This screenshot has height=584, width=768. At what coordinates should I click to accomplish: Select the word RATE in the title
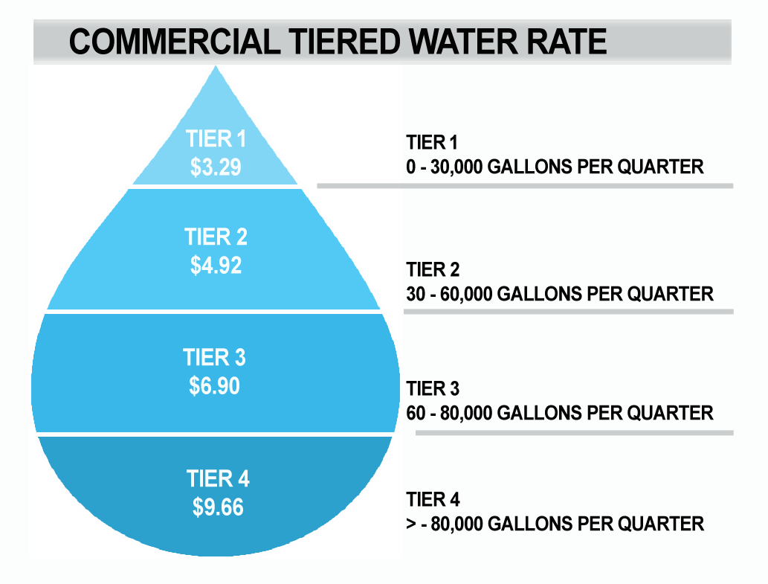coord(567,42)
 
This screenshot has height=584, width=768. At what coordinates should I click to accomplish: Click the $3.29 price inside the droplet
coord(216,167)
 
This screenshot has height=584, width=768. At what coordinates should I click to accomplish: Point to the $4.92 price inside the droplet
coord(216,266)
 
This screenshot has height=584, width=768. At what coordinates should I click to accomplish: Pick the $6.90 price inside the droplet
coord(214,386)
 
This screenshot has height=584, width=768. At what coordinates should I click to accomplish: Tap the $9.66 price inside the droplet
coord(218,507)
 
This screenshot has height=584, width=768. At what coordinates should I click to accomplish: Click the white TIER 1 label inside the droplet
coord(216,139)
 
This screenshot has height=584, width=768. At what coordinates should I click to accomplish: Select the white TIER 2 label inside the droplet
coord(216,237)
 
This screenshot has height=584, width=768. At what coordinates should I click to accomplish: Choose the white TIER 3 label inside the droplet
coord(214,358)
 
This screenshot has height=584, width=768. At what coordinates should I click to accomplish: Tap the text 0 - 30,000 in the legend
coord(445,166)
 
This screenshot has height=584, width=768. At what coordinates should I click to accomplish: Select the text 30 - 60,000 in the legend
coord(449,293)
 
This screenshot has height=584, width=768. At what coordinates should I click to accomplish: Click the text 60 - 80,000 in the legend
coord(449,413)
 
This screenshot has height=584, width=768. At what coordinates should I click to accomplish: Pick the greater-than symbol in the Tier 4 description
coord(411,524)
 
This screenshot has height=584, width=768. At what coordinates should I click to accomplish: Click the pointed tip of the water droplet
coord(216,68)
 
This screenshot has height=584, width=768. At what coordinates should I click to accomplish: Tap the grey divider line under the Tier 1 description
coord(525,185)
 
